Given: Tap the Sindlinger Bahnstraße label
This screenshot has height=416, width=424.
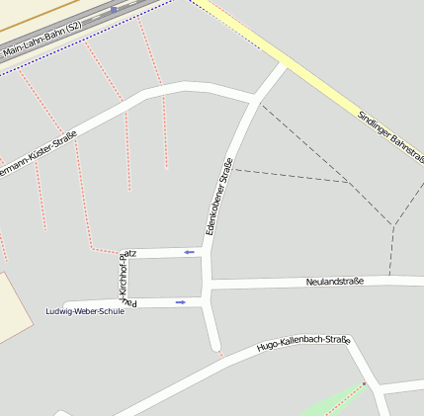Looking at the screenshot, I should pos(390,136).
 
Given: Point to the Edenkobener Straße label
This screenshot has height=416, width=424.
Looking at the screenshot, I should pos(218,196).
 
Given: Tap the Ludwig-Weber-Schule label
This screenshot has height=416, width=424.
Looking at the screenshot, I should pos(85,311).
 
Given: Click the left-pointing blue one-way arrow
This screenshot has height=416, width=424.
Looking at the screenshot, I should pos(189,253).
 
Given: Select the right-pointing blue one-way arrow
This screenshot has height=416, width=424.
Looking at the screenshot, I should pos(180,302).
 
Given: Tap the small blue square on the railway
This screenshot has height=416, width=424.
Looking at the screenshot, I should pos(114,9).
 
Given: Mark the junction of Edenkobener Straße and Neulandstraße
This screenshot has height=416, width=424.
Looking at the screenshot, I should pos(207,285).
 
